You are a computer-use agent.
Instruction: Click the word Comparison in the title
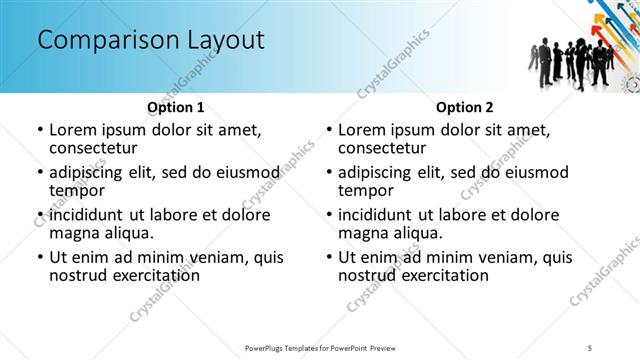(100, 41)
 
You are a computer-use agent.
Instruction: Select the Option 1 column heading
(176, 107)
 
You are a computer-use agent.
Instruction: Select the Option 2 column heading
(464, 107)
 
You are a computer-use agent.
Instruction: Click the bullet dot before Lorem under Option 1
(39, 130)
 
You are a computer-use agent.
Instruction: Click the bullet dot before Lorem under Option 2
(328, 130)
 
